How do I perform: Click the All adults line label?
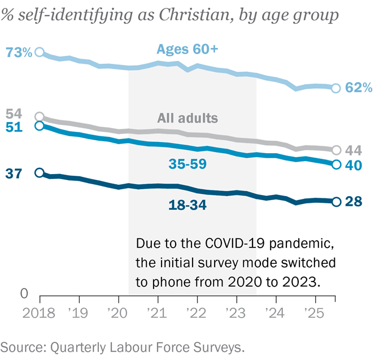(x=187, y=118)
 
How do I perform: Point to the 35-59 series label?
(x=187, y=164)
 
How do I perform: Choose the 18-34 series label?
(x=187, y=204)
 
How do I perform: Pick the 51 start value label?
(x=12, y=127)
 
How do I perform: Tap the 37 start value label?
(x=12, y=174)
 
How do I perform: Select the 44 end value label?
(x=353, y=150)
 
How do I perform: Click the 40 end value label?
(x=353, y=165)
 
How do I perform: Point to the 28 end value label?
(x=353, y=202)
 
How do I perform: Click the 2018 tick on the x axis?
(x=38, y=313)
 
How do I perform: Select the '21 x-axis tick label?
(x=157, y=313)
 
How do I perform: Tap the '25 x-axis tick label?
(x=314, y=313)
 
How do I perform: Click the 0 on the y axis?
(x=24, y=294)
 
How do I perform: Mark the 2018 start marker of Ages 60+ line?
(x=39, y=52)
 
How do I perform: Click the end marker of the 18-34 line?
(x=335, y=202)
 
